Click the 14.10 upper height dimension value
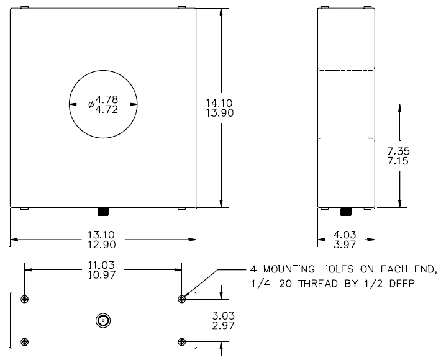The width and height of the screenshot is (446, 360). point(219,102)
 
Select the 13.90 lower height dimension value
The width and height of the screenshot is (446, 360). point(220,113)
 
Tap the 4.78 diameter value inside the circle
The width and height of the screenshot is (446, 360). point(107,99)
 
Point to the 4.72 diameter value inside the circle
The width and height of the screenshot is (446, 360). point(107,109)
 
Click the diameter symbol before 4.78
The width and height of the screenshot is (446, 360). point(91,104)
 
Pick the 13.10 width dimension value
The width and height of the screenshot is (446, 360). point(101,235)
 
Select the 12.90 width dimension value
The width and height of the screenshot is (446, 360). point(101,245)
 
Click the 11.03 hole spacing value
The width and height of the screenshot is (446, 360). point(101,265)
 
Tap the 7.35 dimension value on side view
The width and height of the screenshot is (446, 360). point(399,151)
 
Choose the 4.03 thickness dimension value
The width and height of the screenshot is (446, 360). point(345,235)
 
